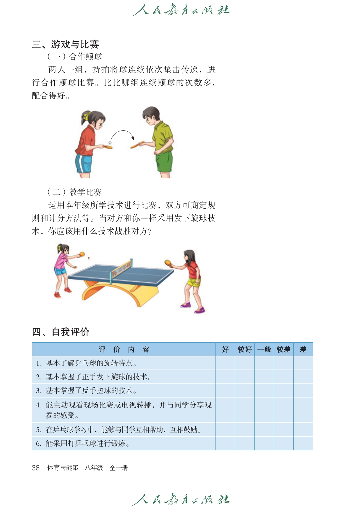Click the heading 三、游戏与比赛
[x=65, y=44]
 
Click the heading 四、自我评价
[x=61, y=332]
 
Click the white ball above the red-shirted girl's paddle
[x=110, y=143]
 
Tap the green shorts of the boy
[x=164, y=162]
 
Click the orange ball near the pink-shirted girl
[x=89, y=258]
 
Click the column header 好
[x=225, y=350]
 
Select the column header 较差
[x=283, y=350]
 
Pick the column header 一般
[x=264, y=350]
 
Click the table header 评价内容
[x=124, y=350]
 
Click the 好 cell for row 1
[x=225, y=363]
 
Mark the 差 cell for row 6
[x=303, y=443]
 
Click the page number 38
[x=36, y=468]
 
